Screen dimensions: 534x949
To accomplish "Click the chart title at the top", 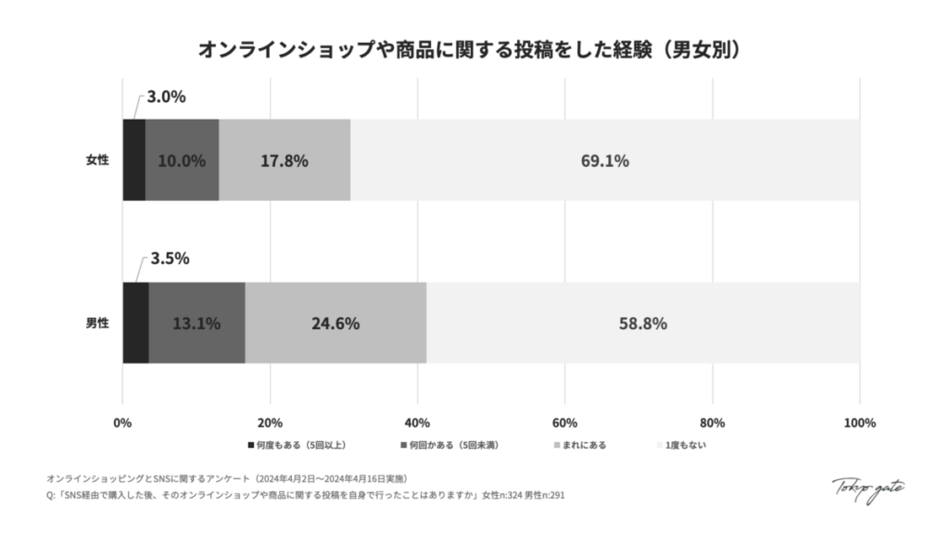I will pyautogui.click(x=474, y=49).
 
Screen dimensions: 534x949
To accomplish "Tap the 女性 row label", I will pyautogui.click(x=97, y=160).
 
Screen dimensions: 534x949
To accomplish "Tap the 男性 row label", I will pyautogui.click(x=97, y=324).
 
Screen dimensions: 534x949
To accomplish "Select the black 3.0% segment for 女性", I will pyautogui.click(x=133, y=159).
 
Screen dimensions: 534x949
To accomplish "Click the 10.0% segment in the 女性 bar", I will pyautogui.click(x=182, y=159).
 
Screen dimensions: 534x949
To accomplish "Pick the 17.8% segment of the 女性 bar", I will pyautogui.click(x=285, y=159).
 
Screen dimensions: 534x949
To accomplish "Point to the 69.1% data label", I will pyautogui.click(x=605, y=160).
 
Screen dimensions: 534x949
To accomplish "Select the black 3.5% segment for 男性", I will pyautogui.click(x=135, y=323).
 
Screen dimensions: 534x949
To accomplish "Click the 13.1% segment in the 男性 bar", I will pyautogui.click(x=196, y=323).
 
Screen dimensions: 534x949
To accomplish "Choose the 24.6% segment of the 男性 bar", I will pyautogui.click(x=335, y=323).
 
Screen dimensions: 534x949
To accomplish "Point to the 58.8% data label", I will pyautogui.click(x=643, y=324).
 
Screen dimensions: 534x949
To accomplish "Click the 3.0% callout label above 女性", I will pyautogui.click(x=166, y=96).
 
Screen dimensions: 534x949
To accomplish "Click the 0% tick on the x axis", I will pyautogui.click(x=122, y=424).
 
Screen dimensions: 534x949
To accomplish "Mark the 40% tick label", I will pyautogui.click(x=417, y=424).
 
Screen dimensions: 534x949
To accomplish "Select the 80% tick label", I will pyautogui.click(x=712, y=424).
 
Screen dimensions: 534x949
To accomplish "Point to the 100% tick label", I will pyautogui.click(x=860, y=424).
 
